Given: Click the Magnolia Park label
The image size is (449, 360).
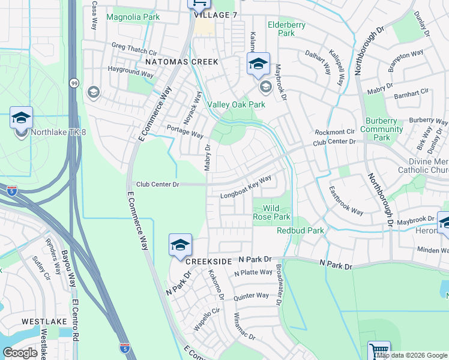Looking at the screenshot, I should tap(133, 17).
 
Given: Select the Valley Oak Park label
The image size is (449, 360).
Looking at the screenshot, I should tap(236, 104).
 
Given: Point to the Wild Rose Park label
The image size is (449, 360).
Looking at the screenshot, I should tap(272, 212).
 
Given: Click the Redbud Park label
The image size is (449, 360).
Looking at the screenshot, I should tap(300, 230).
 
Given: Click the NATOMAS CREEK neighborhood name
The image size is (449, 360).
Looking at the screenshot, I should tap(177, 62).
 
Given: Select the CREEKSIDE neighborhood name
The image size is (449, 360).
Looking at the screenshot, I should tap(208, 262).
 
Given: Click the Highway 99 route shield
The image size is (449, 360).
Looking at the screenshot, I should tap(74, 83).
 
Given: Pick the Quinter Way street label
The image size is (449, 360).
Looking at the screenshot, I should tap(252, 296).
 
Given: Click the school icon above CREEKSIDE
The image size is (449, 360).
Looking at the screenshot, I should tap(180, 245).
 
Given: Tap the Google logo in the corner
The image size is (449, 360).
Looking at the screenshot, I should tap(20, 352).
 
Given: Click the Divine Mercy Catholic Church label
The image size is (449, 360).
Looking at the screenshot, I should tap(420, 166).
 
